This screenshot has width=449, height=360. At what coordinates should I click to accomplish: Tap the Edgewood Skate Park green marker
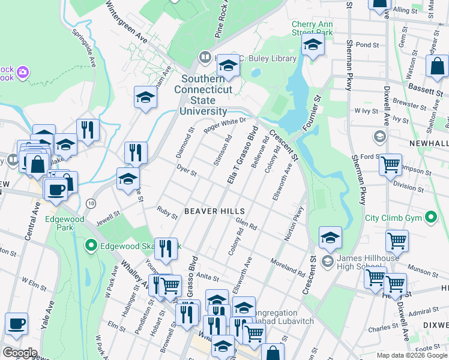tap(91, 245)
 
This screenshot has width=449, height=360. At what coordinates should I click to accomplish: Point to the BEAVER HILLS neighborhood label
tap(214, 211)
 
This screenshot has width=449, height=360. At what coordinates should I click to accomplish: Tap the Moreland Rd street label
tap(288, 269)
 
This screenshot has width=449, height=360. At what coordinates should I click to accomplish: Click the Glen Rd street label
tap(246, 224)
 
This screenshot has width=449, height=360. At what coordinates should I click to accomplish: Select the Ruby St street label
tap(167, 213)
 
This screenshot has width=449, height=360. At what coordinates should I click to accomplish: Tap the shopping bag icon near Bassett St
tap(437, 66)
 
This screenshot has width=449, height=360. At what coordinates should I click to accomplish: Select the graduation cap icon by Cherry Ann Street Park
tap(313, 44)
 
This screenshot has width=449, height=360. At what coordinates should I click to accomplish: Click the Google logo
tap(20, 352)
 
